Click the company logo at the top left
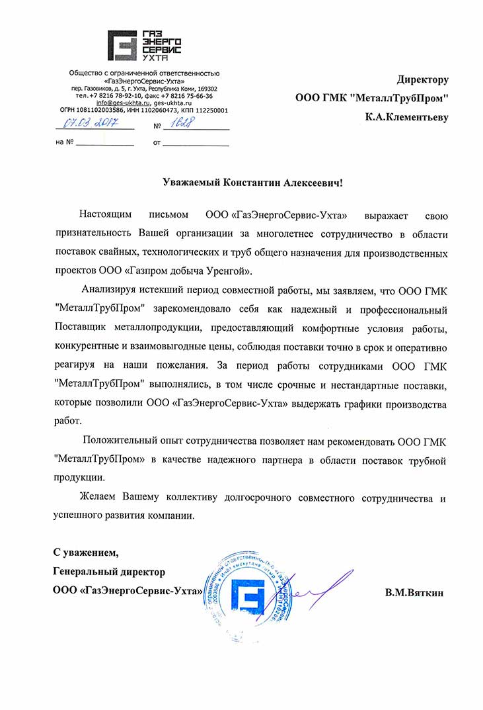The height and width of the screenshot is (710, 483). pos(145,46)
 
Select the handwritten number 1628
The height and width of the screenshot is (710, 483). pos(187,124)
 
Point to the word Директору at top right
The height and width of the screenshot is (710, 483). pos(422,80)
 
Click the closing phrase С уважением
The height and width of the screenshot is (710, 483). pos(87,552)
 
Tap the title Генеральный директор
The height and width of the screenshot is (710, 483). pos(109,571)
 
